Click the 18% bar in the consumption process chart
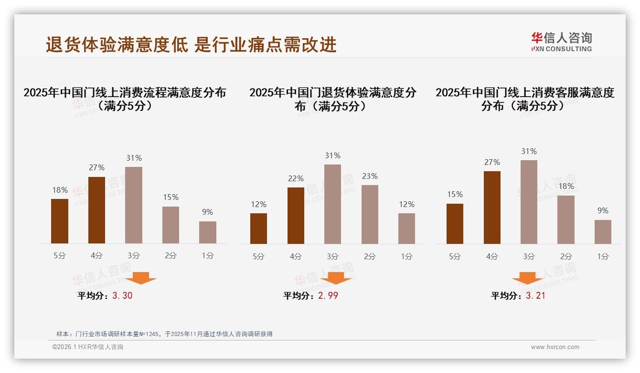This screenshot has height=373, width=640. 60,221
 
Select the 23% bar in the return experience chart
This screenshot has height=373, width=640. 370,214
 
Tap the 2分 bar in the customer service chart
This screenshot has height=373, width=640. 566,219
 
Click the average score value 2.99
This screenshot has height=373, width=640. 328,296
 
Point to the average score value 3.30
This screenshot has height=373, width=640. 122,296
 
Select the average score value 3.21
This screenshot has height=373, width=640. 535,296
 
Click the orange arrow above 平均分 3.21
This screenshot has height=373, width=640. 527,278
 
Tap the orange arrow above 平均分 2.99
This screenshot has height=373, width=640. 336,278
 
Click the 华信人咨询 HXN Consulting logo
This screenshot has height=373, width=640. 561,42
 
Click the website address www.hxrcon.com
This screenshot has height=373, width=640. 555,347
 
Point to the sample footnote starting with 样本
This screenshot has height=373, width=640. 164,334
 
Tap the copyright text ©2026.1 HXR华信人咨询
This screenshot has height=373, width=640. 88,347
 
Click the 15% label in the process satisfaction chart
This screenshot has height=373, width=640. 171,197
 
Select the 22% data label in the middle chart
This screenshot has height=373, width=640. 296,178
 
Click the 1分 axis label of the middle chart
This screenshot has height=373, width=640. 406,256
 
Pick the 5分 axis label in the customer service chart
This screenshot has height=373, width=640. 455,256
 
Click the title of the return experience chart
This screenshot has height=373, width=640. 332,99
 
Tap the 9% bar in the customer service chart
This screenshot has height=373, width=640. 603,232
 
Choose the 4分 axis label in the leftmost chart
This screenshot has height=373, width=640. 96,255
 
